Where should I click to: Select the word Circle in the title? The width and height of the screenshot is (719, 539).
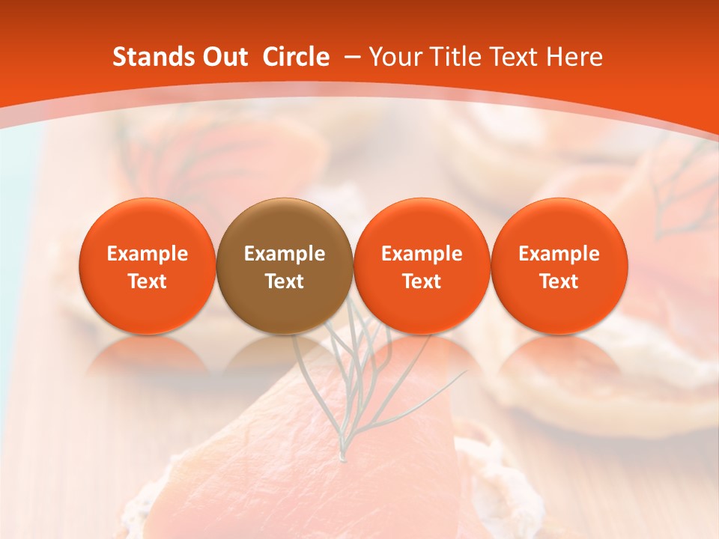(x=296, y=57)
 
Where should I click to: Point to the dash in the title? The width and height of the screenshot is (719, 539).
(x=352, y=57)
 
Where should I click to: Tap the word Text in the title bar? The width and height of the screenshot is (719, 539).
(x=515, y=57)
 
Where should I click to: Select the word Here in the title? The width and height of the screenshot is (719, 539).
(x=574, y=57)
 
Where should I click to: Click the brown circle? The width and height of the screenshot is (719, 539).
(x=285, y=265)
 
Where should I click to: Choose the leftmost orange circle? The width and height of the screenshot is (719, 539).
(x=148, y=265)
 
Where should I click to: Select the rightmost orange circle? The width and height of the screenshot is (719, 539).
(x=559, y=265)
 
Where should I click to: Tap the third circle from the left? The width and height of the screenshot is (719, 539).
(x=422, y=265)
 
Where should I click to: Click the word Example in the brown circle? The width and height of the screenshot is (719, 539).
(x=285, y=254)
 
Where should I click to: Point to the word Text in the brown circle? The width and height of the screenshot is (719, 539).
(x=285, y=281)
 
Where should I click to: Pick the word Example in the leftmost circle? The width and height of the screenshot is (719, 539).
(x=148, y=254)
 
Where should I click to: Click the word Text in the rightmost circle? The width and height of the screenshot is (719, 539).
(x=559, y=281)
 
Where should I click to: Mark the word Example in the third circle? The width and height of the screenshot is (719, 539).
(x=422, y=254)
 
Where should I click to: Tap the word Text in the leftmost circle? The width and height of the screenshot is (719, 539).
(x=148, y=281)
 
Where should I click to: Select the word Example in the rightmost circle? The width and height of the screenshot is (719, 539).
(x=559, y=254)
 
